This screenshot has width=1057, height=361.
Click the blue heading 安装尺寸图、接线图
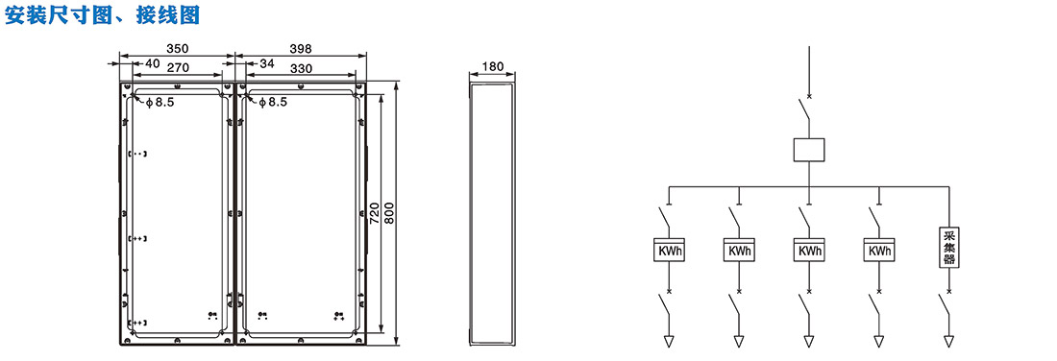coord(103,15)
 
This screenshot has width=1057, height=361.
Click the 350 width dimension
coord(178,49)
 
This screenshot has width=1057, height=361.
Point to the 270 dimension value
coord(177,66)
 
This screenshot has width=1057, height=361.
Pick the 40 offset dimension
coord(153,64)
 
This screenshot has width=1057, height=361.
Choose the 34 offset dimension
coord(267,64)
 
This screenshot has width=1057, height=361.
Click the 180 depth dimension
coord(494,66)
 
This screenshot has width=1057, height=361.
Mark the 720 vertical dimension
coord(377,213)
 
